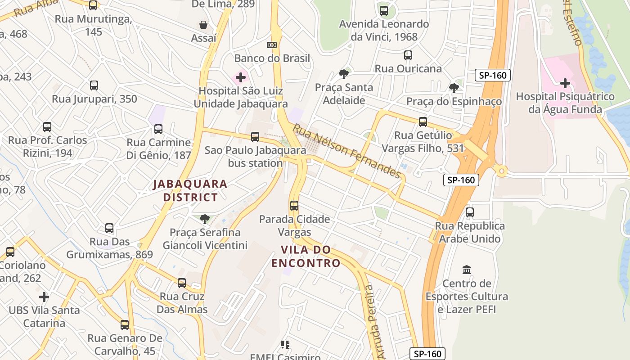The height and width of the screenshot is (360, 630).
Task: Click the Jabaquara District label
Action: [x=190, y=190]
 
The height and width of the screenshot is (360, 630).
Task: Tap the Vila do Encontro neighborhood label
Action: [x=306, y=256]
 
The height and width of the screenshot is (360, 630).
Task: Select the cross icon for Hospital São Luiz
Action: [x=241, y=77]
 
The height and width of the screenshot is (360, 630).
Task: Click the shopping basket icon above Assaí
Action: [x=203, y=24]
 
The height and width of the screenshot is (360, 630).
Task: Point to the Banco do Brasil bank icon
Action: [x=272, y=45]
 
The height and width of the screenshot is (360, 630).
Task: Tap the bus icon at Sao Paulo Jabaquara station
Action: [x=255, y=137]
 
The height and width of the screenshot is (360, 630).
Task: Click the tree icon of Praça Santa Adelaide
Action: [x=344, y=74]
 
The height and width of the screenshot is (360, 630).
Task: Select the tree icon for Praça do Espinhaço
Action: [x=454, y=88]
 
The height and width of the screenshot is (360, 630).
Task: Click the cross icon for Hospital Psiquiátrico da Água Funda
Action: [x=565, y=83]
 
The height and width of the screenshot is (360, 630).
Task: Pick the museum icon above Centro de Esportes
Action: [x=467, y=270]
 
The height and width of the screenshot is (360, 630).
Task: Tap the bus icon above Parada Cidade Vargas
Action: [x=294, y=206]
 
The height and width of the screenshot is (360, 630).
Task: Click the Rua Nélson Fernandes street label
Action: [x=346, y=151]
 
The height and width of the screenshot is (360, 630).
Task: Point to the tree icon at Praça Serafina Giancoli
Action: [x=205, y=219]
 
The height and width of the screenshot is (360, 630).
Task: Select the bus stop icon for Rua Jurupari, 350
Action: [x=94, y=85]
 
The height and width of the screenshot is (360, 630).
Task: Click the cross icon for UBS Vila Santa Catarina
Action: [x=44, y=297]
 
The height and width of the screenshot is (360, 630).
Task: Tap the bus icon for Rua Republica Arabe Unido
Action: [x=470, y=212]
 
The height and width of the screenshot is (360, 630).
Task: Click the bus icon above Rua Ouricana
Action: [x=408, y=55]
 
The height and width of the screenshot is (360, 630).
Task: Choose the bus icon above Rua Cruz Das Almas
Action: [x=182, y=283]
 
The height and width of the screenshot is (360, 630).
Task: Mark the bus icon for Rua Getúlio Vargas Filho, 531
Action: [x=423, y=121]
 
